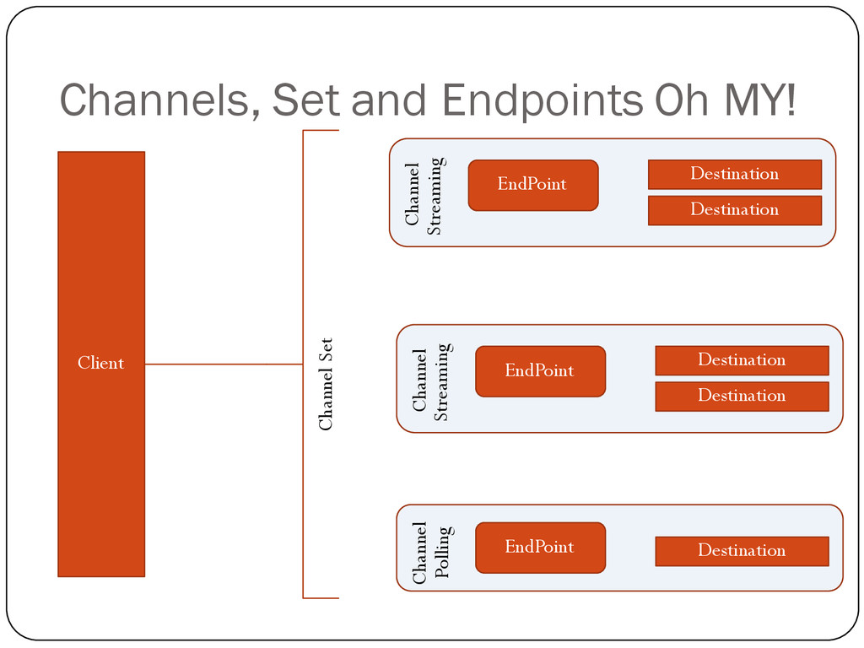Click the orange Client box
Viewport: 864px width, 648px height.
click(x=101, y=364)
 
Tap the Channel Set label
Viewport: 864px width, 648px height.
click(x=326, y=384)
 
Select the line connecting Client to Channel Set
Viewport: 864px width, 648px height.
click(x=224, y=364)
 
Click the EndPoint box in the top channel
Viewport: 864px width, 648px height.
click(x=533, y=185)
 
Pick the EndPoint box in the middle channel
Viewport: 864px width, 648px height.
click(x=541, y=371)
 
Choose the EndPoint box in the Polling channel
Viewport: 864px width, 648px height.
click(x=541, y=548)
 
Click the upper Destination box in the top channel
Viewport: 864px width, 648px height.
click(x=735, y=174)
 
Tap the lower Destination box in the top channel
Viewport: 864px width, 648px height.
click(x=735, y=210)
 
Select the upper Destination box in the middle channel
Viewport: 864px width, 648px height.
click(x=742, y=360)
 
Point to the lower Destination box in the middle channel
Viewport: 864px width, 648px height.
click(x=742, y=397)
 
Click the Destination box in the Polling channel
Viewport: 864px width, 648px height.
click(x=742, y=551)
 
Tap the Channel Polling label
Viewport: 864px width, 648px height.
click(x=434, y=553)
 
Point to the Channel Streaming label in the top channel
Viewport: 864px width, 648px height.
click(x=425, y=195)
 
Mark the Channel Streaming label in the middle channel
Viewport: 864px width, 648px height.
click(x=433, y=381)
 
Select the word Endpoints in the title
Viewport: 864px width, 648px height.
click(x=543, y=101)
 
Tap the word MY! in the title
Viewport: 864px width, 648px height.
click(x=760, y=100)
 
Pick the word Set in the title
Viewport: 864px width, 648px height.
click(x=305, y=100)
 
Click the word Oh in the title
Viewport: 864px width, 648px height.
click(x=682, y=100)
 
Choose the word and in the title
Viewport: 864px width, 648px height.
click(x=389, y=100)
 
